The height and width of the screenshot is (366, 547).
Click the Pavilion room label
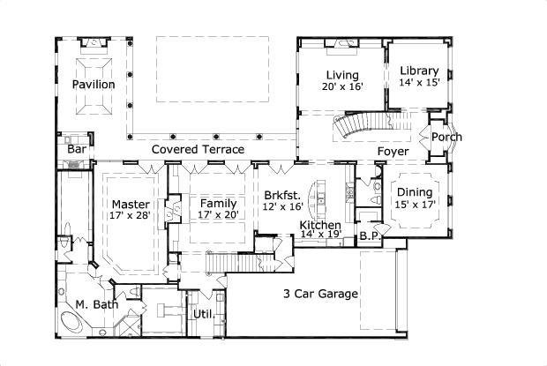pos(94,85)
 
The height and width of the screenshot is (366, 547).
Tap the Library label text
pos(419,71)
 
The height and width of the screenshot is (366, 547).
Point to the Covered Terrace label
pos(198,150)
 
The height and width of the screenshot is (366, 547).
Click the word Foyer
pos(393,152)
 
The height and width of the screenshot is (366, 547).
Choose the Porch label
pos(446,137)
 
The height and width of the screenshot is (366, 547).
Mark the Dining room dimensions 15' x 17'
pos(415,205)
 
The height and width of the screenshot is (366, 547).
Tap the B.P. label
pos(369,236)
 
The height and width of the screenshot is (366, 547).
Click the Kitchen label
pos(320,226)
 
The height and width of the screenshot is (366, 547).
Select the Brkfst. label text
pos(282,195)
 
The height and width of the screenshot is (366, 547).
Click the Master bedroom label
pos(130,204)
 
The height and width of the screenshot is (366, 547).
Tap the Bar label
pos(77,150)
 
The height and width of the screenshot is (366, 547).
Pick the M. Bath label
pos(94,305)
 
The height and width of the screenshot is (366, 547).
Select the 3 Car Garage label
pos(320,294)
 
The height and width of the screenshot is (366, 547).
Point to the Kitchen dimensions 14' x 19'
pos(320,236)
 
